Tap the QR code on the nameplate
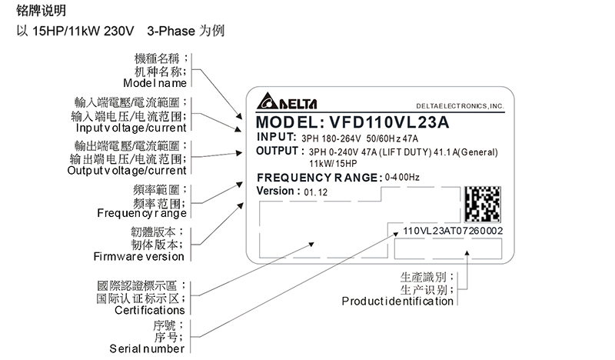[x=483, y=204]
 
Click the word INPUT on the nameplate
[x=276, y=137]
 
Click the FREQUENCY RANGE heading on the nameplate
[x=318, y=178]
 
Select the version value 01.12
[x=315, y=192]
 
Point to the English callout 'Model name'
[x=155, y=83]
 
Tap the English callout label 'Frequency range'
[x=141, y=212]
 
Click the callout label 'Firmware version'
[x=138, y=255]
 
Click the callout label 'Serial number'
[x=148, y=348]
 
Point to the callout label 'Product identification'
[x=397, y=301]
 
